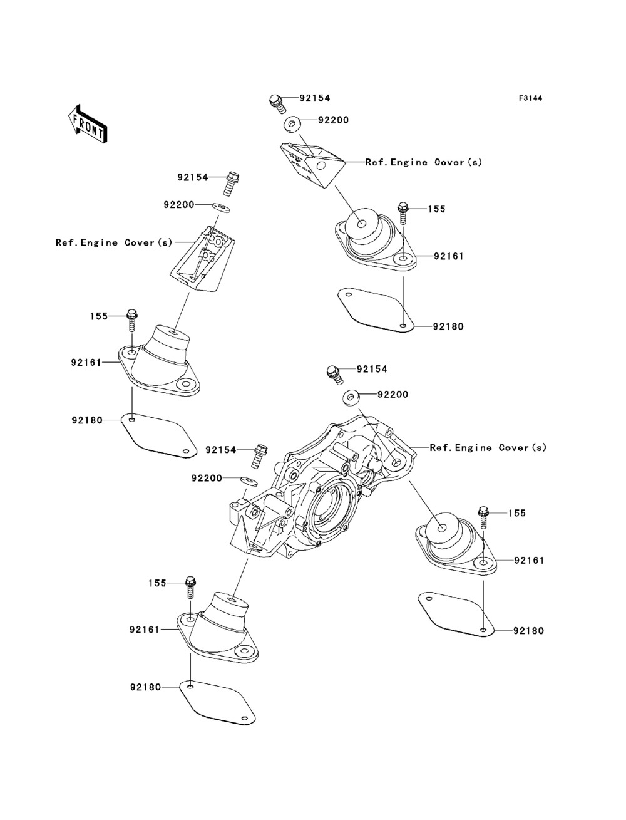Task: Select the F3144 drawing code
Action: point(530,98)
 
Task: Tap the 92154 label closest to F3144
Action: point(314,98)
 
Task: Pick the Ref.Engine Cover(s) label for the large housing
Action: point(488,448)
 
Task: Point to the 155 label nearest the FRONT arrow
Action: point(98,317)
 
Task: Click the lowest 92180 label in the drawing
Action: point(146,687)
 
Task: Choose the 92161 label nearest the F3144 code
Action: point(448,256)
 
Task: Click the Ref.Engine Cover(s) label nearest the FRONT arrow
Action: point(113,243)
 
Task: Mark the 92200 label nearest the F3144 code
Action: point(333,120)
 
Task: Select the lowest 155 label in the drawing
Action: point(157,583)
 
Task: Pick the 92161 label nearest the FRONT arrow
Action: point(86,361)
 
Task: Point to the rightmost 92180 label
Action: point(528,631)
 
